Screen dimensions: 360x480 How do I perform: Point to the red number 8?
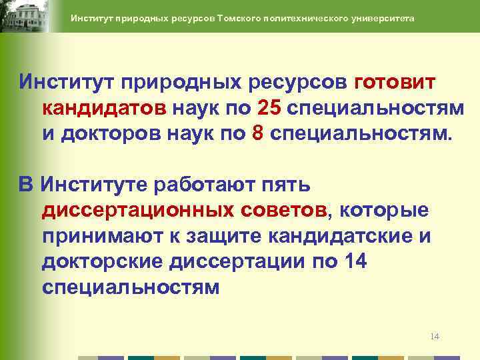click(x=259, y=131)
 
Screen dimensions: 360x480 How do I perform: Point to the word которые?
click(x=385, y=211)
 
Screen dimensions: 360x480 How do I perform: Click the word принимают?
click(x=107, y=236)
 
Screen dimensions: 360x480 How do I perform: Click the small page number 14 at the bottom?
click(x=435, y=336)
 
